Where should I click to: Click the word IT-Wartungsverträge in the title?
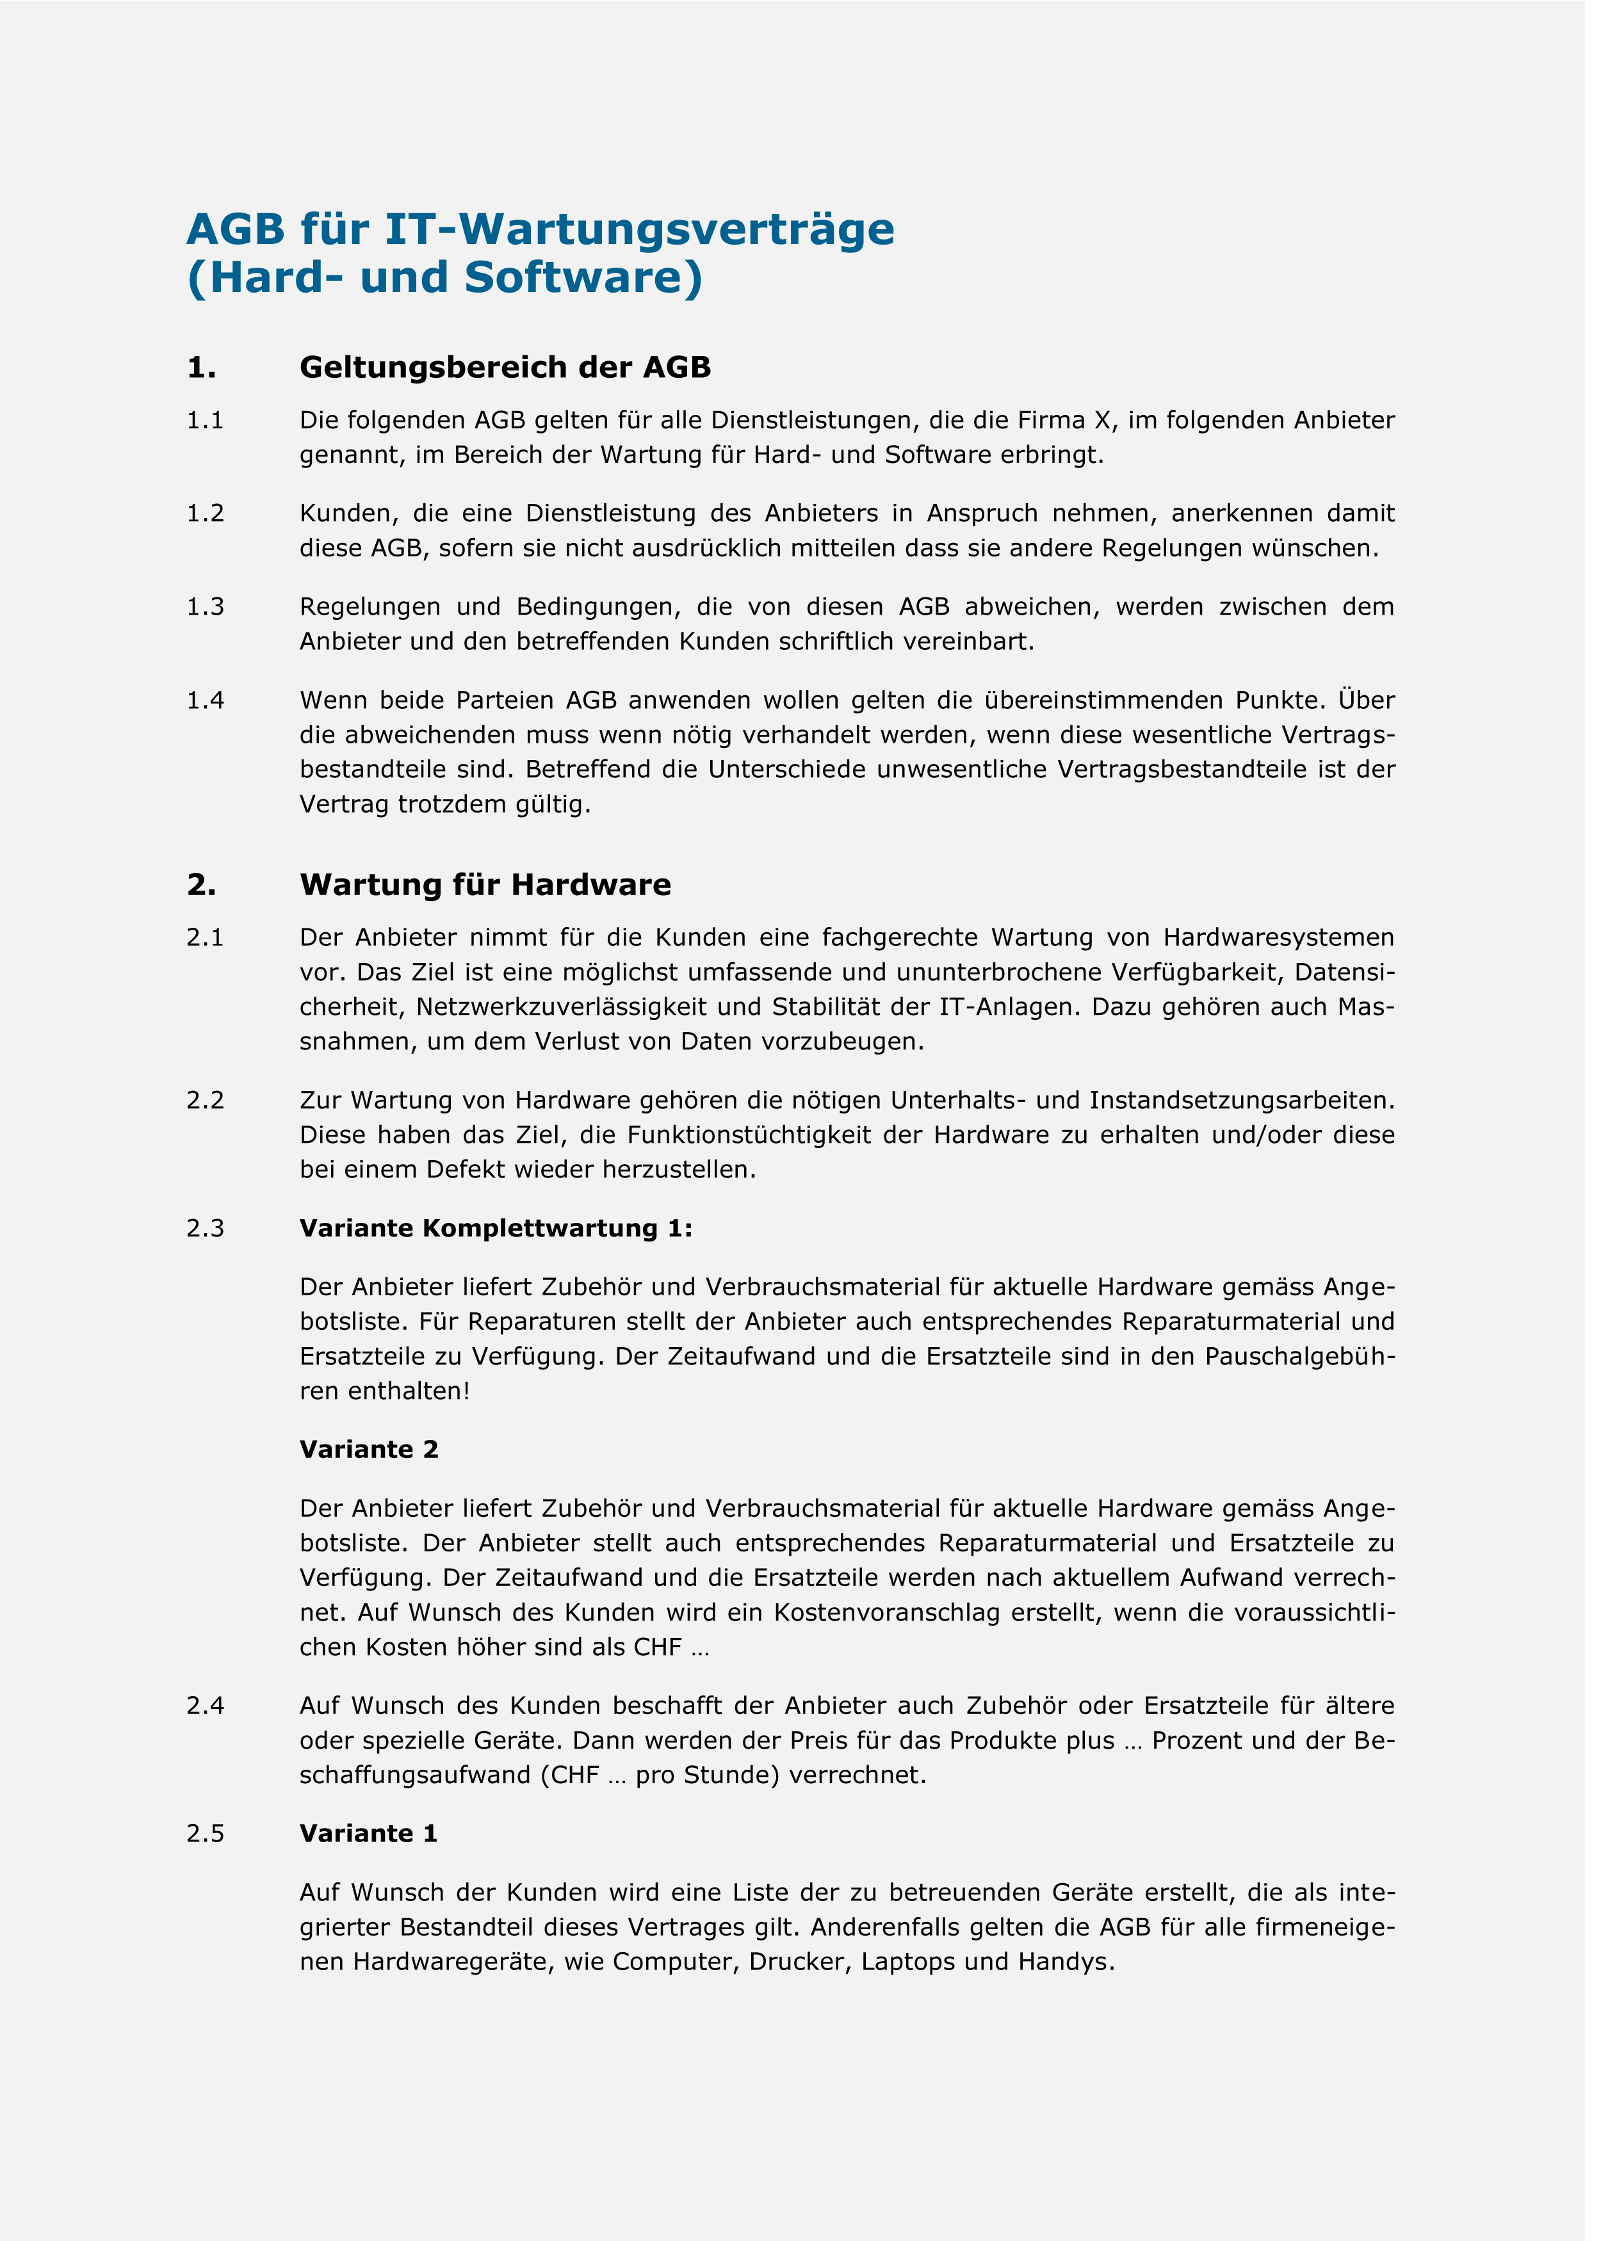pyautogui.click(x=639, y=230)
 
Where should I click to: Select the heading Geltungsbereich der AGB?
pyautogui.click(x=505, y=368)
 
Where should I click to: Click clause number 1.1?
pyautogui.click(x=205, y=421)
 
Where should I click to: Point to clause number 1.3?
pyautogui.click(x=205, y=607)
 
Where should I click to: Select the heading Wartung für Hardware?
pyautogui.click(x=485, y=885)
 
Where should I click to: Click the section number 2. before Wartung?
pyautogui.click(x=201, y=885)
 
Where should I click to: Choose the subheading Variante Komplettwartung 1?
pyautogui.click(x=496, y=1229)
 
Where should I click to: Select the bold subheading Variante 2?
pyautogui.click(x=369, y=1450)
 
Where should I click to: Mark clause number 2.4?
pyautogui.click(x=205, y=1706)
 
